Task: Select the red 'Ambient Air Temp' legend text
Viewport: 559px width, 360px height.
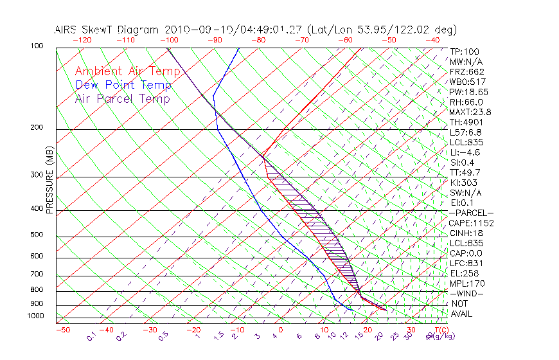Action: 127,71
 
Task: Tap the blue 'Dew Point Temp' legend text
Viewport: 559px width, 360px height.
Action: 123,85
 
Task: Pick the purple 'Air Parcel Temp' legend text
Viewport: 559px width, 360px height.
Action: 122,98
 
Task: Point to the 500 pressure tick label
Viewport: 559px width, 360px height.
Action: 37,235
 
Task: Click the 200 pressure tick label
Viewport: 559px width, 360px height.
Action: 37,127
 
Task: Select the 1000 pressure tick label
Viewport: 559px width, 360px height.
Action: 35,316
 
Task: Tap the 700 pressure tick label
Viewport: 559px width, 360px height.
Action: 37,274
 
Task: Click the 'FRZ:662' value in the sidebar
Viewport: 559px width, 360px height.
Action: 467,72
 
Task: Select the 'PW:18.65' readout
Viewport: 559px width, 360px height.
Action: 469,92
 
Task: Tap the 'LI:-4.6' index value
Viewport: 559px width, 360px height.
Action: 466,152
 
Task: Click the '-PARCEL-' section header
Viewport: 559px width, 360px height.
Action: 471,213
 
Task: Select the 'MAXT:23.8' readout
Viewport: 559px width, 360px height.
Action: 471,112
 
